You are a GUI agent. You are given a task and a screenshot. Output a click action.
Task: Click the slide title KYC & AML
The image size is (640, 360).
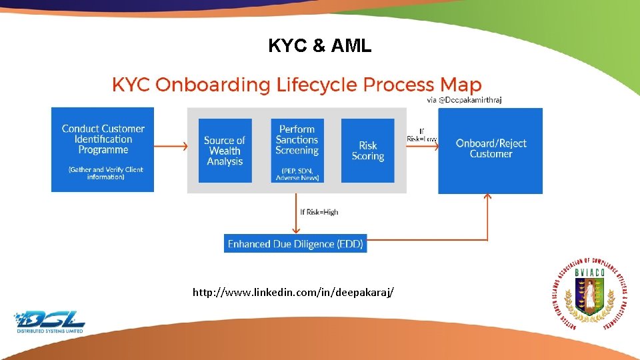[319, 45]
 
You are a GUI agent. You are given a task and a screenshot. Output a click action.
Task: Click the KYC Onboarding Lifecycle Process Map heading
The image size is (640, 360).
[296, 85]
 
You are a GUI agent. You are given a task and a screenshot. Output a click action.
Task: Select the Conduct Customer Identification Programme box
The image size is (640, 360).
[103, 149]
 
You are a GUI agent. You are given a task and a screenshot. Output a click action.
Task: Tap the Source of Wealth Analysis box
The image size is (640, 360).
[225, 151]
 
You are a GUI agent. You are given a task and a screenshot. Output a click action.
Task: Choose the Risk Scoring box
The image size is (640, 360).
[368, 151]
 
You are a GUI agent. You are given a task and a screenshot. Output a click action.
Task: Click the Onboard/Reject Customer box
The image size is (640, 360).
[490, 149]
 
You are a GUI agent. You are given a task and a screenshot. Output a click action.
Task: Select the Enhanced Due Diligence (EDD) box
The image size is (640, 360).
[295, 244]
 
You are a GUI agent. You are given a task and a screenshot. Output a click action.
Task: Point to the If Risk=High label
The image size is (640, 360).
[319, 212]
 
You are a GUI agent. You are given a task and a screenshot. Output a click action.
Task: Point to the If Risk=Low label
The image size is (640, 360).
[422, 135]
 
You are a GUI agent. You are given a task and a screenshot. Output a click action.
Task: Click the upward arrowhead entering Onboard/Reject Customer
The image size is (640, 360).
[487, 197]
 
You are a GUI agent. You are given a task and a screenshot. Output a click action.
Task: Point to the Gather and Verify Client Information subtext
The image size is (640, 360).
[105, 173]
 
